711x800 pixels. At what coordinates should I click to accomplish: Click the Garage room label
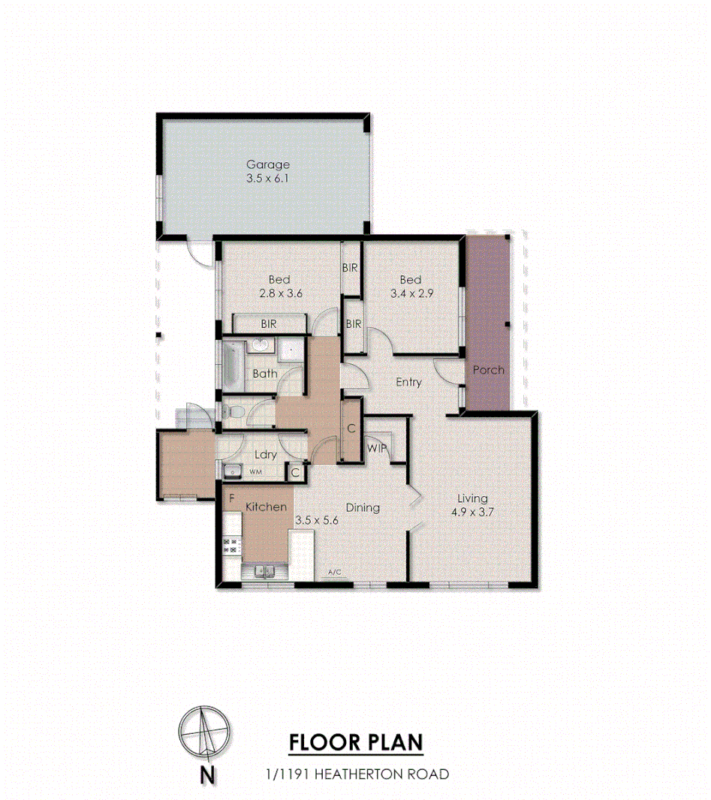point(268,165)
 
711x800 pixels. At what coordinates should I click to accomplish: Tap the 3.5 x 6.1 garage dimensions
point(268,179)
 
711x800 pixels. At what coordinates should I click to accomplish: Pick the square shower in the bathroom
point(291,350)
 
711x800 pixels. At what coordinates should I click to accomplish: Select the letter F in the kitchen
point(232,497)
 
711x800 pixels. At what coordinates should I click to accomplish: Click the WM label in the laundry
point(255,472)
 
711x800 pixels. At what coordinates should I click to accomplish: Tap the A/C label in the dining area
point(335,573)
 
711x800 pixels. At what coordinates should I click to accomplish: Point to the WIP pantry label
point(377,449)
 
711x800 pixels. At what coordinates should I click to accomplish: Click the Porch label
point(488,370)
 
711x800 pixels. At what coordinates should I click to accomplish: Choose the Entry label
point(408,382)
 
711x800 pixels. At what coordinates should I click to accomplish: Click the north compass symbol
point(204,732)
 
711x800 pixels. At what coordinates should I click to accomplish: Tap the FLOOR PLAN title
point(356,743)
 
